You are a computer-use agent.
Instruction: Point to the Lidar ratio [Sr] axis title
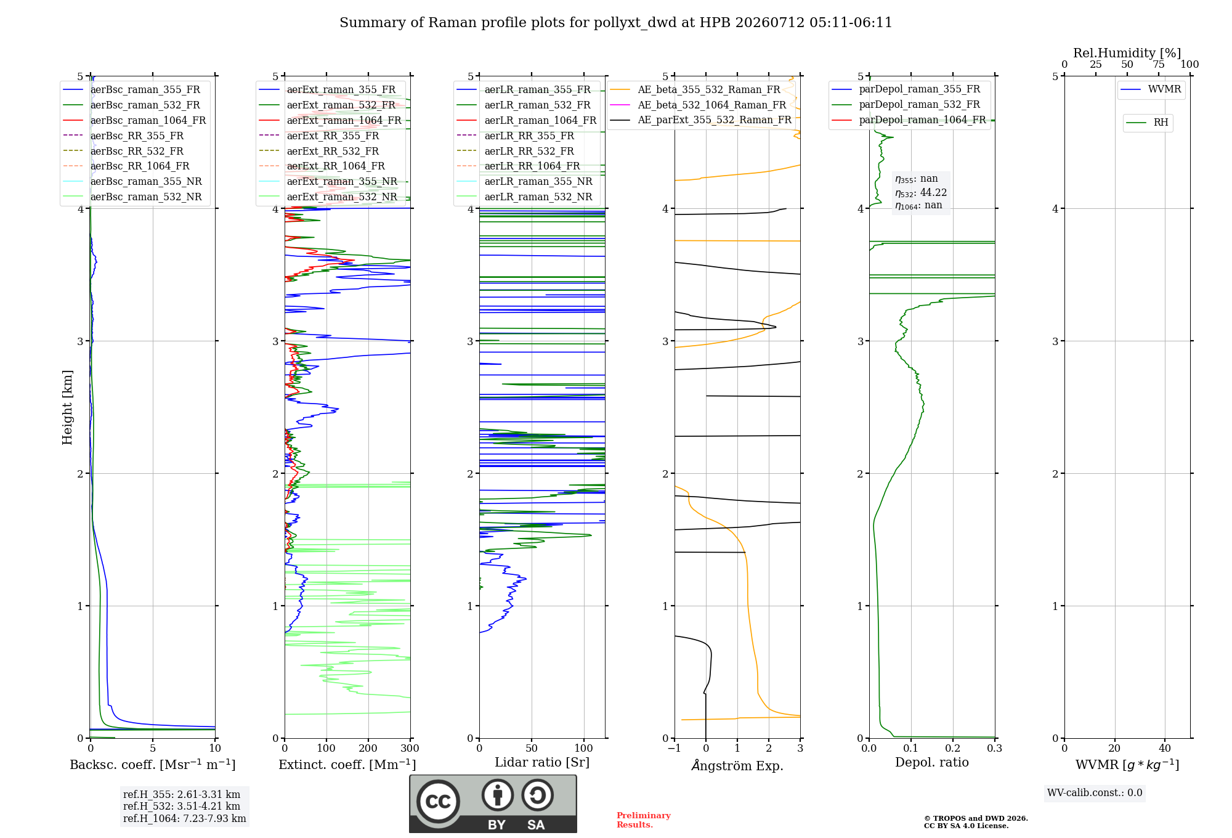point(542,762)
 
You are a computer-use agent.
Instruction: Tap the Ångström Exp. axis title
point(737,765)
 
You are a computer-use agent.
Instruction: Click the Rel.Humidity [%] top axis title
point(1127,53)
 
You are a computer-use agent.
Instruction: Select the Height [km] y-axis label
point(67,407)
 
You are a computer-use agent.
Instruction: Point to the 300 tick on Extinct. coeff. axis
point(410,749)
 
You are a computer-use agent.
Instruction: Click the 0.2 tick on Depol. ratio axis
point(953,749)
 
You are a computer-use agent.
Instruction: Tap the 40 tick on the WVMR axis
point(1165,749)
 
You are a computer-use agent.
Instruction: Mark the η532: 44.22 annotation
point(921,192)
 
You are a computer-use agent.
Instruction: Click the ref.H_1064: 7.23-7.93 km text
point(185,818)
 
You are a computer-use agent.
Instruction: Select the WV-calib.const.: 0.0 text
point(1095,793)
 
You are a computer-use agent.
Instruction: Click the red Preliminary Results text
point(644,820)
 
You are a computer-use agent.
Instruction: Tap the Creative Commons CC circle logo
point(438,801)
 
